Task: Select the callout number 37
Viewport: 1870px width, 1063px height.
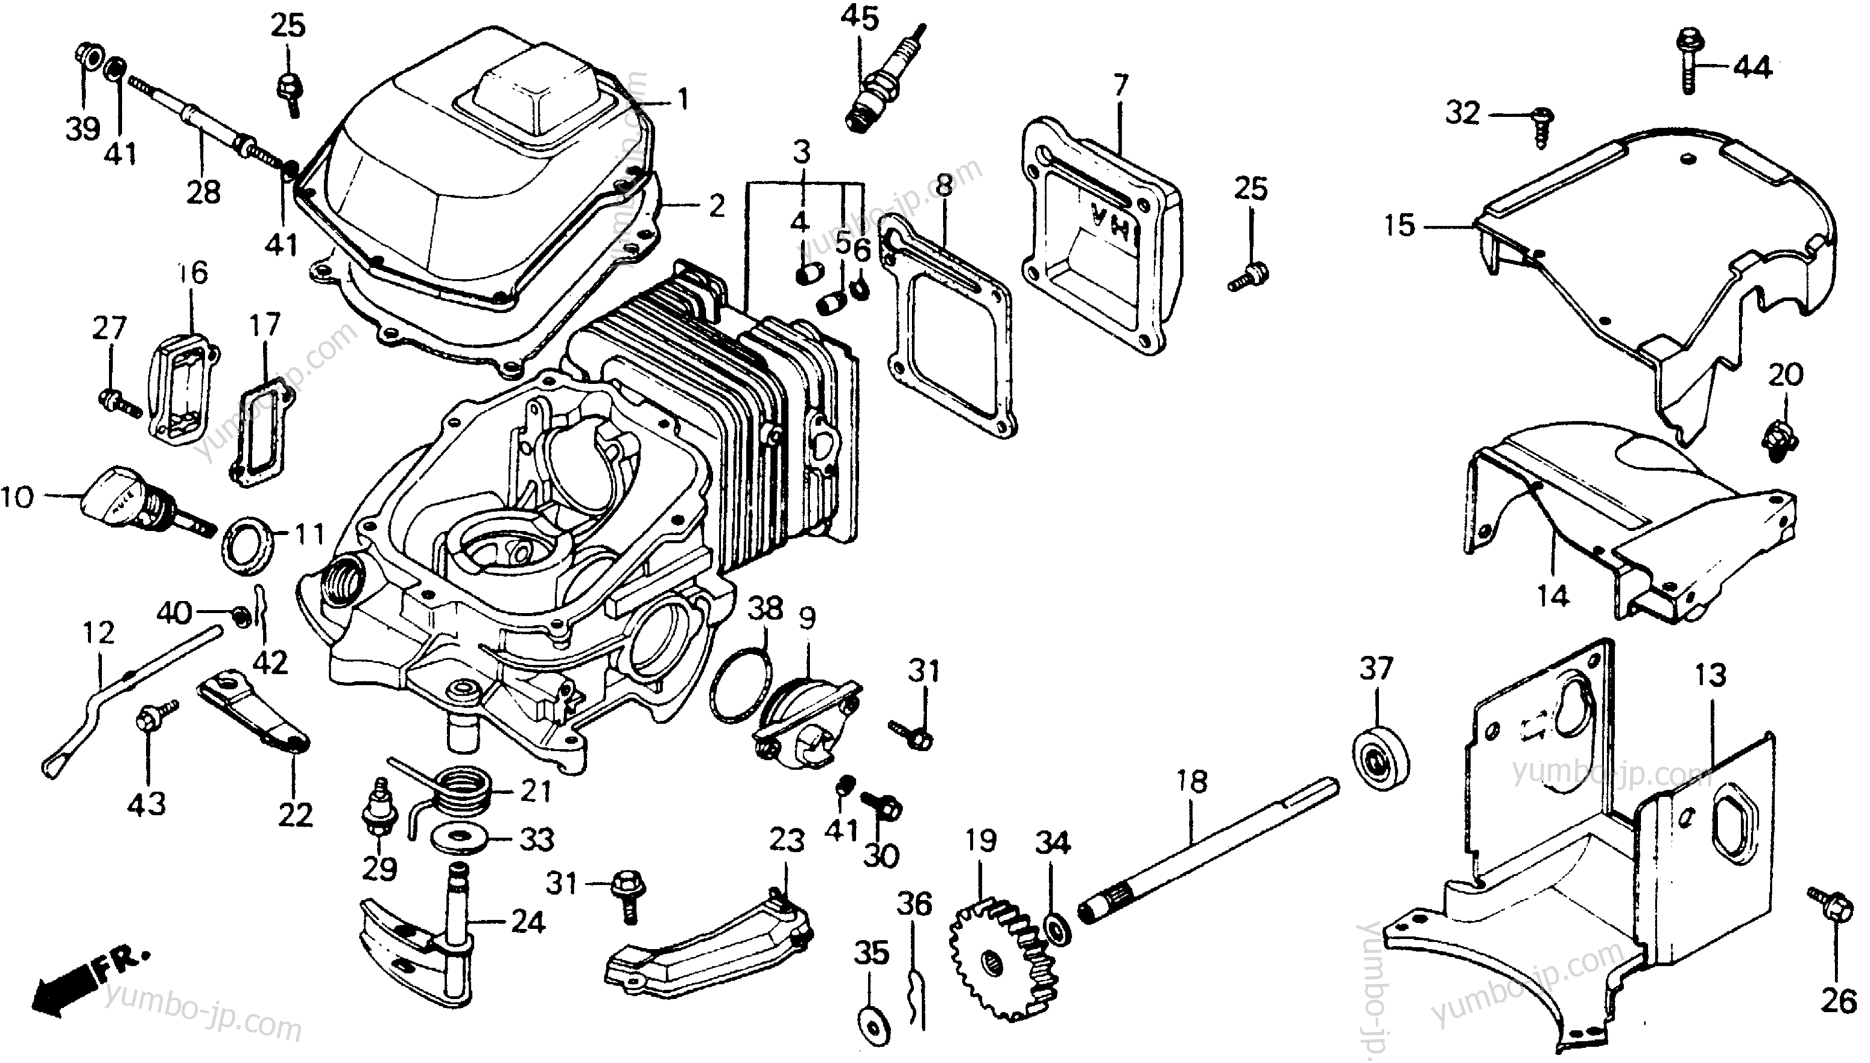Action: (1376, 669)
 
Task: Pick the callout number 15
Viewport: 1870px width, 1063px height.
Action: (1399, 226)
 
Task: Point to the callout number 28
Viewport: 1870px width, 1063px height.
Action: (203, 192)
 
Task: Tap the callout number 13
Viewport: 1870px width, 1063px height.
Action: (1710, 675)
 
